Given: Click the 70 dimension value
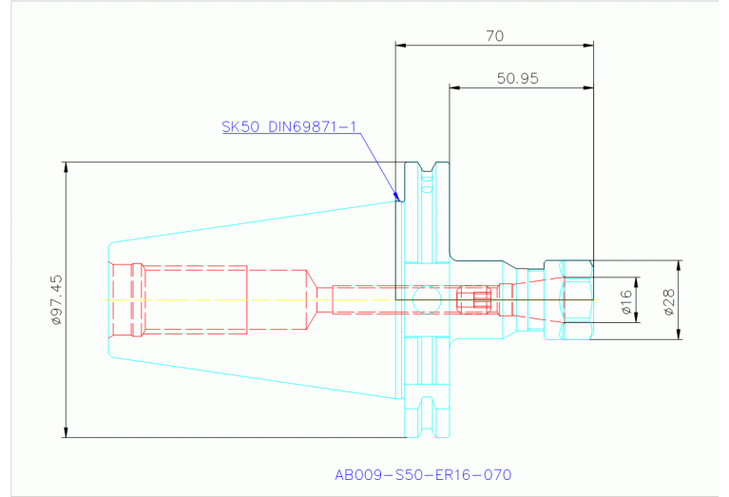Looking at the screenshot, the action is tap(494, 36).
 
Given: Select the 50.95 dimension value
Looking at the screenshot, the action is tap(517, 78).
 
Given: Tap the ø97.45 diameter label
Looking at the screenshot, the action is tap(56, 300).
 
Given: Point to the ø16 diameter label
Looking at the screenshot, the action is tap(626, 302).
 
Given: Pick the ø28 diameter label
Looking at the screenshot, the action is tap(668, 302).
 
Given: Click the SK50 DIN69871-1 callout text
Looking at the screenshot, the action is tap(289, 126).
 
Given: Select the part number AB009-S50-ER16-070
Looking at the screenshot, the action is tap(423, 475).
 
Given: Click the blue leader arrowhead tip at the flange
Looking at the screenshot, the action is tap(398, 200).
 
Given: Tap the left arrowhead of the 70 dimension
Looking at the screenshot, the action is tap(400, 45).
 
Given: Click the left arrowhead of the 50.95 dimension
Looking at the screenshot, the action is tap(454, 87).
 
